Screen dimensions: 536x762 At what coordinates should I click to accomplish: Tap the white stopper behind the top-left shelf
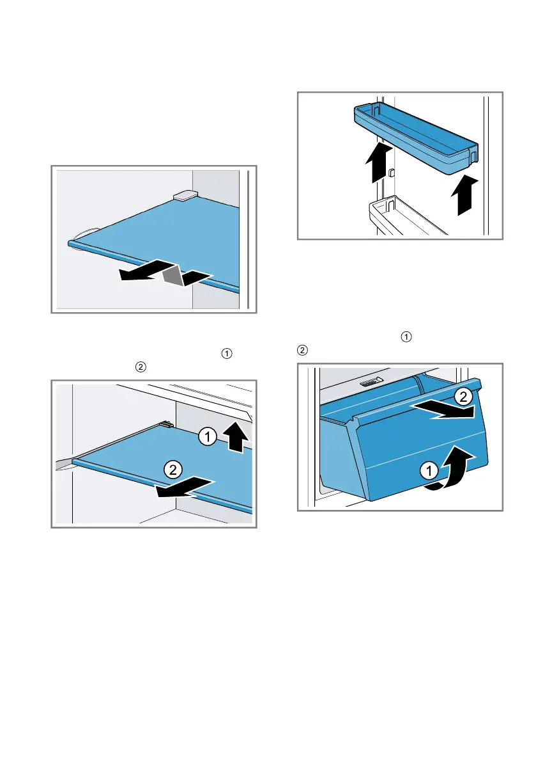tap(185, 195)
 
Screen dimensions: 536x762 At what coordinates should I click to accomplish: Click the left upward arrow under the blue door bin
tap(379, 163)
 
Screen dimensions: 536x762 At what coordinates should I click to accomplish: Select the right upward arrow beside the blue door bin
tap(464, 195)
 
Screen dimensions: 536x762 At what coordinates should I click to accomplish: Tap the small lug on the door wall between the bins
tap(392, 172)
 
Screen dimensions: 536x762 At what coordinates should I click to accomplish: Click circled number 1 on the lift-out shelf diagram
tap(208, 436)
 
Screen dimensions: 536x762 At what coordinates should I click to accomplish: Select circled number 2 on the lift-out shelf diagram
tap(172, 470)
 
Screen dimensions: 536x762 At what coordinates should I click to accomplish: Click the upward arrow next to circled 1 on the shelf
tap(238, 438)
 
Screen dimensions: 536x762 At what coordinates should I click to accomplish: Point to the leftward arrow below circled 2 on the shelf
tap(185, 488)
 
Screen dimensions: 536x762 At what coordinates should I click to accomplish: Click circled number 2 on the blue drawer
tap(463, 397)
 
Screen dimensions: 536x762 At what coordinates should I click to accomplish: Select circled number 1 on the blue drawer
tap(429, 470)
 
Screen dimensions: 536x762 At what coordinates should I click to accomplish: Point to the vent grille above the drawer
tap(372, 382)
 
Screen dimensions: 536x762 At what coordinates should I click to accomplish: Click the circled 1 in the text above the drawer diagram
tap(406, 337)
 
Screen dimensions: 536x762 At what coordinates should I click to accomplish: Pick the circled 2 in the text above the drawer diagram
tap(302, 351)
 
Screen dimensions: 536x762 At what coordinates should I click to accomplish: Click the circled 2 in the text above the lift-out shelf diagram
tap(141, 367)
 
